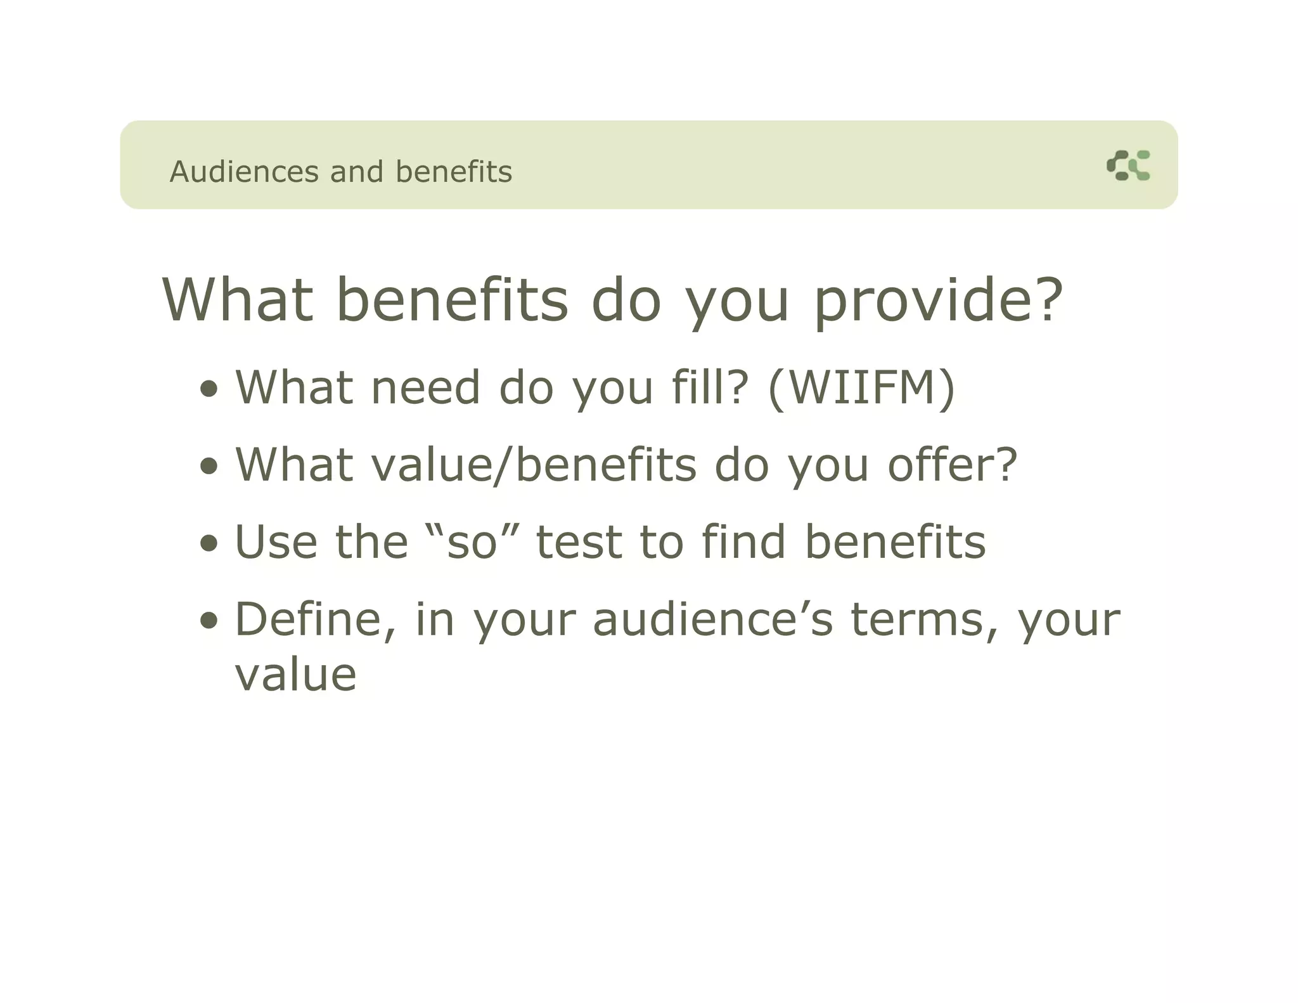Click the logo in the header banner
click(1128, 165)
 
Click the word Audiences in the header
click(244, 172)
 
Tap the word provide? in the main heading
click(938, 301)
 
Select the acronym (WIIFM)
click(861, 387)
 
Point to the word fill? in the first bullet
click(710, 387)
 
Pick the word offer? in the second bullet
click(952, 465)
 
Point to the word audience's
click(712, 619)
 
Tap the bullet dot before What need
click(209, 389)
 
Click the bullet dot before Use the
click(209, 543)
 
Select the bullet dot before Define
click(209, 621)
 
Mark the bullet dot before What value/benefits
click(209, 466)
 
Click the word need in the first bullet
click(425, 387)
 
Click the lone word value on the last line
click(295, 675)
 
